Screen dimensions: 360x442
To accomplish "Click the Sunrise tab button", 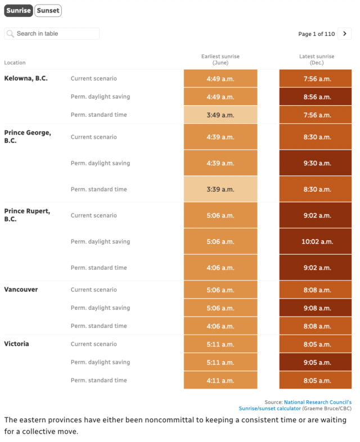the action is click(x=19, y=11).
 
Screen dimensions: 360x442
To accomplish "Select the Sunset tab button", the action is click(x=48, y=11).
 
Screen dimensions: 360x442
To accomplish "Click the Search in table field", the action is click(x=52, y=34).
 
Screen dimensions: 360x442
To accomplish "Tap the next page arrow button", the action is click(x=344, y=34).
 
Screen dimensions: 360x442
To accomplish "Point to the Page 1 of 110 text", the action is click(x=316, y=34).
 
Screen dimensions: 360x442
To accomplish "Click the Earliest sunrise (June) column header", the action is click(x=220, y=60).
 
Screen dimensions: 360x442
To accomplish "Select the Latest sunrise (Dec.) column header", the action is click(x=317, y=60).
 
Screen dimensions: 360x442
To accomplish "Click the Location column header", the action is click(x=15, y=62).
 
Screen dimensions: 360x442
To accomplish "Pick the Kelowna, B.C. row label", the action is click(x=26, y=78).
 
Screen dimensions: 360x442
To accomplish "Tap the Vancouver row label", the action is click(x=21, y=290).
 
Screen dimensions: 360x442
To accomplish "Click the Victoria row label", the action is click(x=16, y=344).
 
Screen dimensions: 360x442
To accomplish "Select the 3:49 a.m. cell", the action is click(x=220, y=115).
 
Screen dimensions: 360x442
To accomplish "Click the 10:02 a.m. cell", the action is click(x=316, y=241).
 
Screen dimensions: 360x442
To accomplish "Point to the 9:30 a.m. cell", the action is click(x=316, y=163).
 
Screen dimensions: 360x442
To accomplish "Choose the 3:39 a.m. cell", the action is click(x=220, y=189).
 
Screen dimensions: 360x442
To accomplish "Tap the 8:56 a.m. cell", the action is click(x=316, y=97).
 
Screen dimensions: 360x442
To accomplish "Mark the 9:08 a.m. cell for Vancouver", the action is click(x=316, y=308).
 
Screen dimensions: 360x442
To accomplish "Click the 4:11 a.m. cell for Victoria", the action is click(x=220, y=380).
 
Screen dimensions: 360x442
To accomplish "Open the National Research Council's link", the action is click(x=318, y=402).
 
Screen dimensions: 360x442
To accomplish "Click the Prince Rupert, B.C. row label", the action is click(x=27, y=215).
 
